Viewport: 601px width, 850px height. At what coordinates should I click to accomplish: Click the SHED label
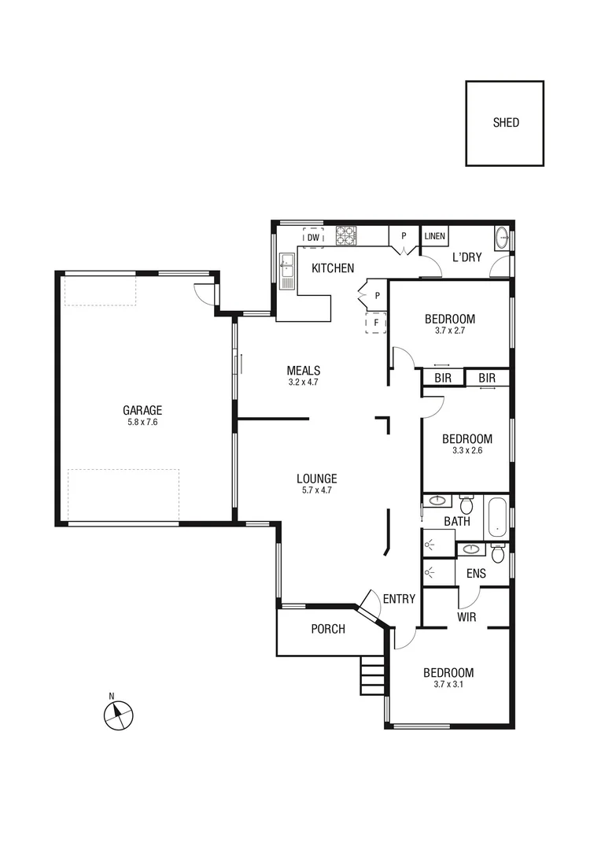(506, 123)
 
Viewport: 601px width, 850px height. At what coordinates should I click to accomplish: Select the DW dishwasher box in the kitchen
(313, 237)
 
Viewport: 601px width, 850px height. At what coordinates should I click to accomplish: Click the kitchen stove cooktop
(346, 235)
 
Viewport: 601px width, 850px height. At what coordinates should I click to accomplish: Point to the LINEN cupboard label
(434, 236)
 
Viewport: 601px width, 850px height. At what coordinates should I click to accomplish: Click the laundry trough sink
(501, 238)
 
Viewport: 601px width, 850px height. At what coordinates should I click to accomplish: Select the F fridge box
(376, 323)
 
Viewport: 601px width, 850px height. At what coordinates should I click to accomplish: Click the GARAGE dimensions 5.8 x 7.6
(142, 423)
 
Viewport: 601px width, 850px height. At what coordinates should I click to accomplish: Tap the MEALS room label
(303, 371)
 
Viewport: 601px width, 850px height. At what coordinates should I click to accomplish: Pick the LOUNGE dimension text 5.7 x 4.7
(317, 490)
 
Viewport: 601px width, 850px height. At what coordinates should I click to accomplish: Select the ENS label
(476, 574)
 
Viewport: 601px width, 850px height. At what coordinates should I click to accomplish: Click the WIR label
(466, 617)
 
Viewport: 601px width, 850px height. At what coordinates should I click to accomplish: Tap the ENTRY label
(399, 599)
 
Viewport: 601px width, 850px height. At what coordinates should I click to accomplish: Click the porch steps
(372, 676)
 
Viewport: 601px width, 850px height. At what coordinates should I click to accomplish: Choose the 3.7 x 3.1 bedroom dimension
(448, 686)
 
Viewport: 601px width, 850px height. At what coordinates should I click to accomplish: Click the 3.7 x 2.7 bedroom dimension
(450, 331)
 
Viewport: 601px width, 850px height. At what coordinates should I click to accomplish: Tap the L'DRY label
(466, 257)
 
